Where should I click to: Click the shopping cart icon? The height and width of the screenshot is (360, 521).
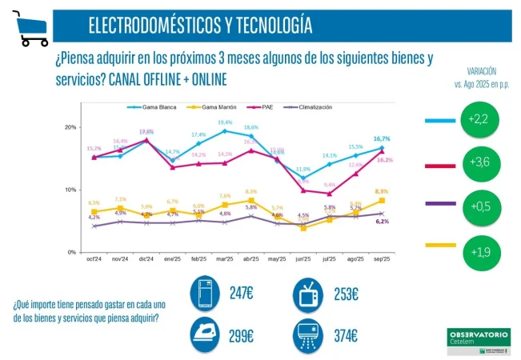(x=30, y=27)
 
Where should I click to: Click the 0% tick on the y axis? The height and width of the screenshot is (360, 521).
(x=71, y=252)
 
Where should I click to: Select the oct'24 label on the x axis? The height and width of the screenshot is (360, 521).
(x=94, y=260)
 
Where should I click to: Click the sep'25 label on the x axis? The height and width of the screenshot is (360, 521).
(x=382, y=260)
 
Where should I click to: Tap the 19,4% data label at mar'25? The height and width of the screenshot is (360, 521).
(x=225, y=122)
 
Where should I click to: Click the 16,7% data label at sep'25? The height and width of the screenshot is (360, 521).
(x=382, y=138)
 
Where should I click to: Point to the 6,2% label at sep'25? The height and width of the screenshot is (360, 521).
(x=382, y=222)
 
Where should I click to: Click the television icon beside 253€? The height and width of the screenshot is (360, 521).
(x=307, y=294)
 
